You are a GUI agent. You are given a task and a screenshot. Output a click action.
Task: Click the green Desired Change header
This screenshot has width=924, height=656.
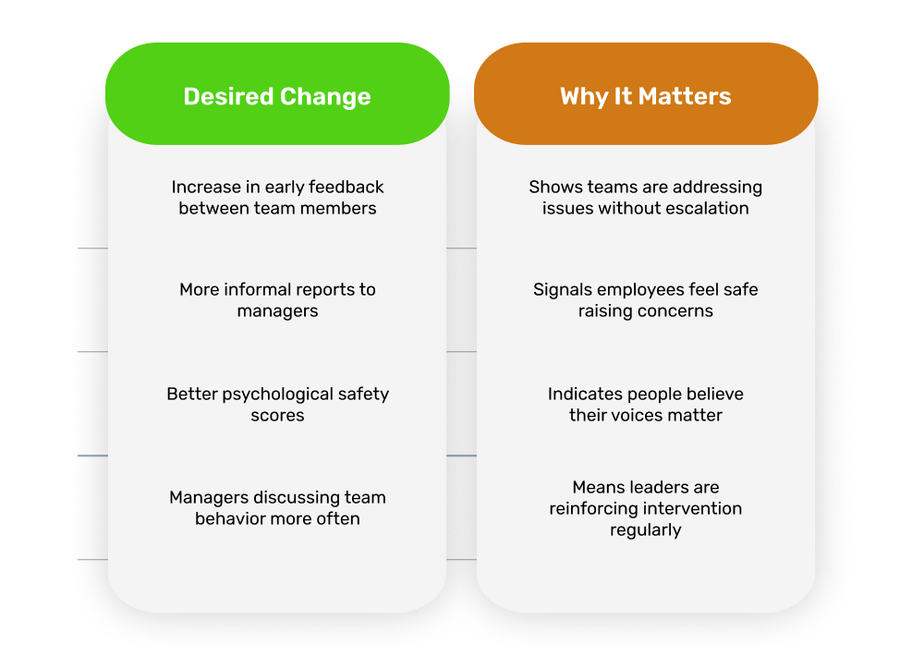277,93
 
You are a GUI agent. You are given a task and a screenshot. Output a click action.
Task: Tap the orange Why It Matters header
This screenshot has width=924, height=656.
646,93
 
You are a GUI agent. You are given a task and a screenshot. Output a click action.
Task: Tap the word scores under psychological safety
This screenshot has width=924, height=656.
277,416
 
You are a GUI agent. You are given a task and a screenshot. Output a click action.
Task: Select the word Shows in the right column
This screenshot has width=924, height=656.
549,187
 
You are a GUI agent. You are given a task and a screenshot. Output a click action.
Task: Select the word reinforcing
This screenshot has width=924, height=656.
594,509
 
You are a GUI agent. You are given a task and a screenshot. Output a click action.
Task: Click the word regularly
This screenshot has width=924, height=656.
646,530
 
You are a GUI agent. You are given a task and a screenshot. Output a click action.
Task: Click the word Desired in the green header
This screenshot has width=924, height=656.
228,96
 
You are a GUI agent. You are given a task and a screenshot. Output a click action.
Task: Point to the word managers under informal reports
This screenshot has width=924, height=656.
277,311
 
